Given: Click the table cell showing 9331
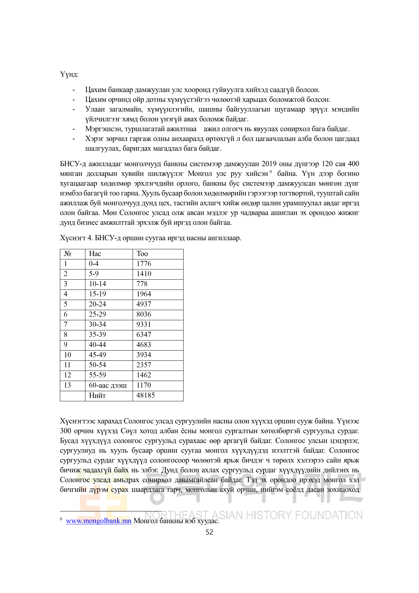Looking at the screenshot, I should coord(144,324).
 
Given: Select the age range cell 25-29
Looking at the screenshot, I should coord(97,314).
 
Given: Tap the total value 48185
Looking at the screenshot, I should coord(146,395).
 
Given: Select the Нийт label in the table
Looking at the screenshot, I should coord(97,395).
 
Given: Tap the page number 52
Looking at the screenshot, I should coord(209,532).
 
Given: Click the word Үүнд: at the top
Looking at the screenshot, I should coord(69,74).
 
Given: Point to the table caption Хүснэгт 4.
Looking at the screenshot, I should coord(76,238).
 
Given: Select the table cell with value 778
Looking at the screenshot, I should coord(142,284).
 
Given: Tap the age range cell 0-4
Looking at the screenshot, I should coord(94,264).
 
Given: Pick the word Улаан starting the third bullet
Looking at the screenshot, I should coord(95,109).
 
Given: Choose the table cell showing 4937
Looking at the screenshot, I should coord(144,304).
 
